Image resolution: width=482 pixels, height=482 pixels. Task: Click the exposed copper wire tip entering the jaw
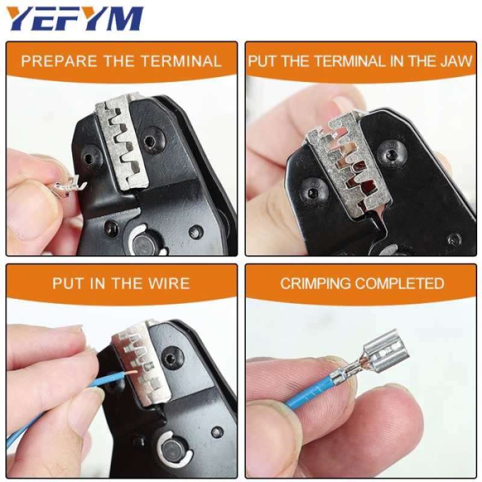(x=120, y=376)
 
